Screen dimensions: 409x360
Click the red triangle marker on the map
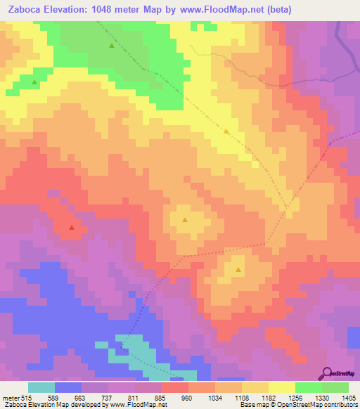(71, 228)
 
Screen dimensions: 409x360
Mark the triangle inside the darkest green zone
(112, 46)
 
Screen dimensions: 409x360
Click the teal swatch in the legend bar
(41, 387)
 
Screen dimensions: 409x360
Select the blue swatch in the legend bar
(68, 387)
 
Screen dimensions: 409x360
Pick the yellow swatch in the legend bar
(281, 387)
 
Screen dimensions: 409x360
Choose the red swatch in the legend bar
(174, 387)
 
